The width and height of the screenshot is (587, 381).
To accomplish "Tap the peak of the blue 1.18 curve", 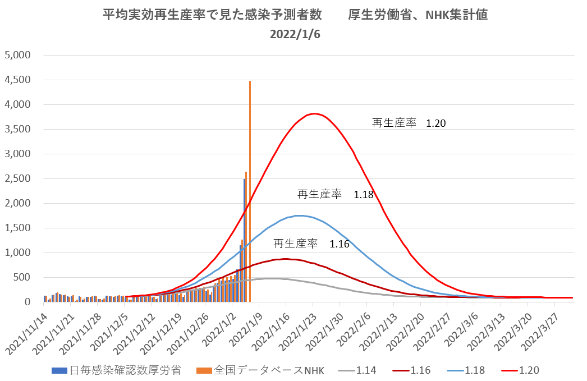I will (x=299, y=215).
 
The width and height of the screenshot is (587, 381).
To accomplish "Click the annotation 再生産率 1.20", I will (x=409, y=123).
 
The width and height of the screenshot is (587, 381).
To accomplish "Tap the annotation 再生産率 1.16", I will (x=311, y=244).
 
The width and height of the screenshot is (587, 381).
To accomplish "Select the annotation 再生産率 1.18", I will (x=335, y=195).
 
